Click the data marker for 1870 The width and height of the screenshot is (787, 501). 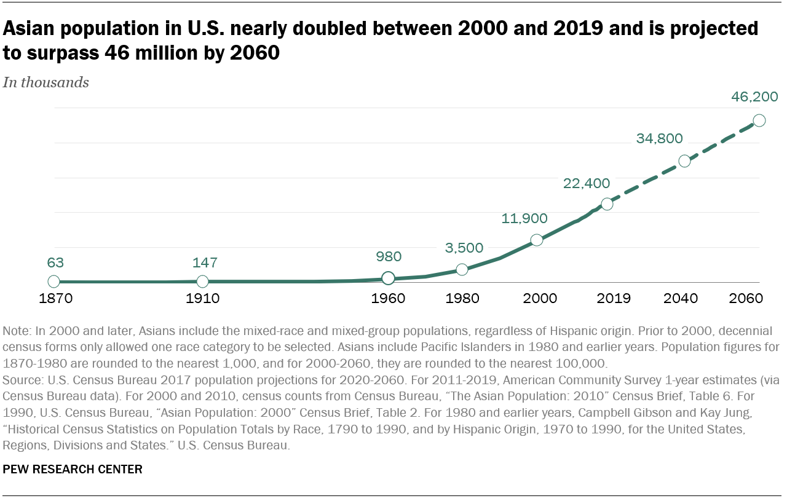pos(54,282)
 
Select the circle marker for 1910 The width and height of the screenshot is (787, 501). pos(203,282)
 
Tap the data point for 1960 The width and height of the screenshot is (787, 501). pos(388,278)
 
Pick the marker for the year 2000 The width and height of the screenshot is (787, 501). pos(537,240)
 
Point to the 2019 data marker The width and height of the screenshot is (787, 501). pos(607,204)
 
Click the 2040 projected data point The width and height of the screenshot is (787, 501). pos(684,161)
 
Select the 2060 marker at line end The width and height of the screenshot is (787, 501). pos(759,120)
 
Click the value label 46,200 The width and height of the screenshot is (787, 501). pos(754,97)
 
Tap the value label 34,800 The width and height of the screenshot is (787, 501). pos(660,138)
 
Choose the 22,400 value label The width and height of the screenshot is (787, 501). pos(587,183)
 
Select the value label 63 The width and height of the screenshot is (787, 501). pos(55,263)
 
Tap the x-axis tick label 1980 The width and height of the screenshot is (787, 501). pos(463,299)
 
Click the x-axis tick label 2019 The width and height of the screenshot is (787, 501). pos(614,299)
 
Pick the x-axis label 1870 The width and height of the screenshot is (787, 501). pos(56,299)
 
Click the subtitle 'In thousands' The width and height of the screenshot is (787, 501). pos(46,82)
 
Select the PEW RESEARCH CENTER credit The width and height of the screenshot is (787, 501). pos(73,470)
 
